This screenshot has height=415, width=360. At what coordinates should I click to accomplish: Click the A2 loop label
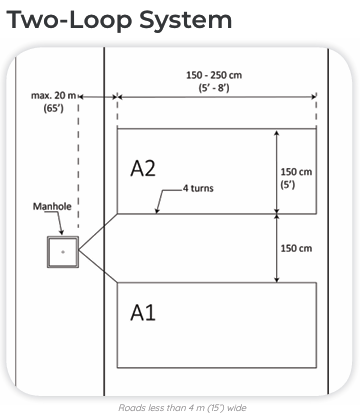click(143, 168)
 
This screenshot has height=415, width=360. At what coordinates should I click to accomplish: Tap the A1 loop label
click(142, 313)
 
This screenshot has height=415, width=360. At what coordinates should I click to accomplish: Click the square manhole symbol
click(62, 253)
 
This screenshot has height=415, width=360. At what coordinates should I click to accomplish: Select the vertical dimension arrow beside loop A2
click(278, 171)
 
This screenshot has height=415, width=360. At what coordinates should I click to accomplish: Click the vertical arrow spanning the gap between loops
click(278, 247)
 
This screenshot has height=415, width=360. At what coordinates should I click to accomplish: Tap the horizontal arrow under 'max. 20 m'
click(97, 97)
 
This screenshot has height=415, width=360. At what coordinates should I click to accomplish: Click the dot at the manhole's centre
click(62, 253)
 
